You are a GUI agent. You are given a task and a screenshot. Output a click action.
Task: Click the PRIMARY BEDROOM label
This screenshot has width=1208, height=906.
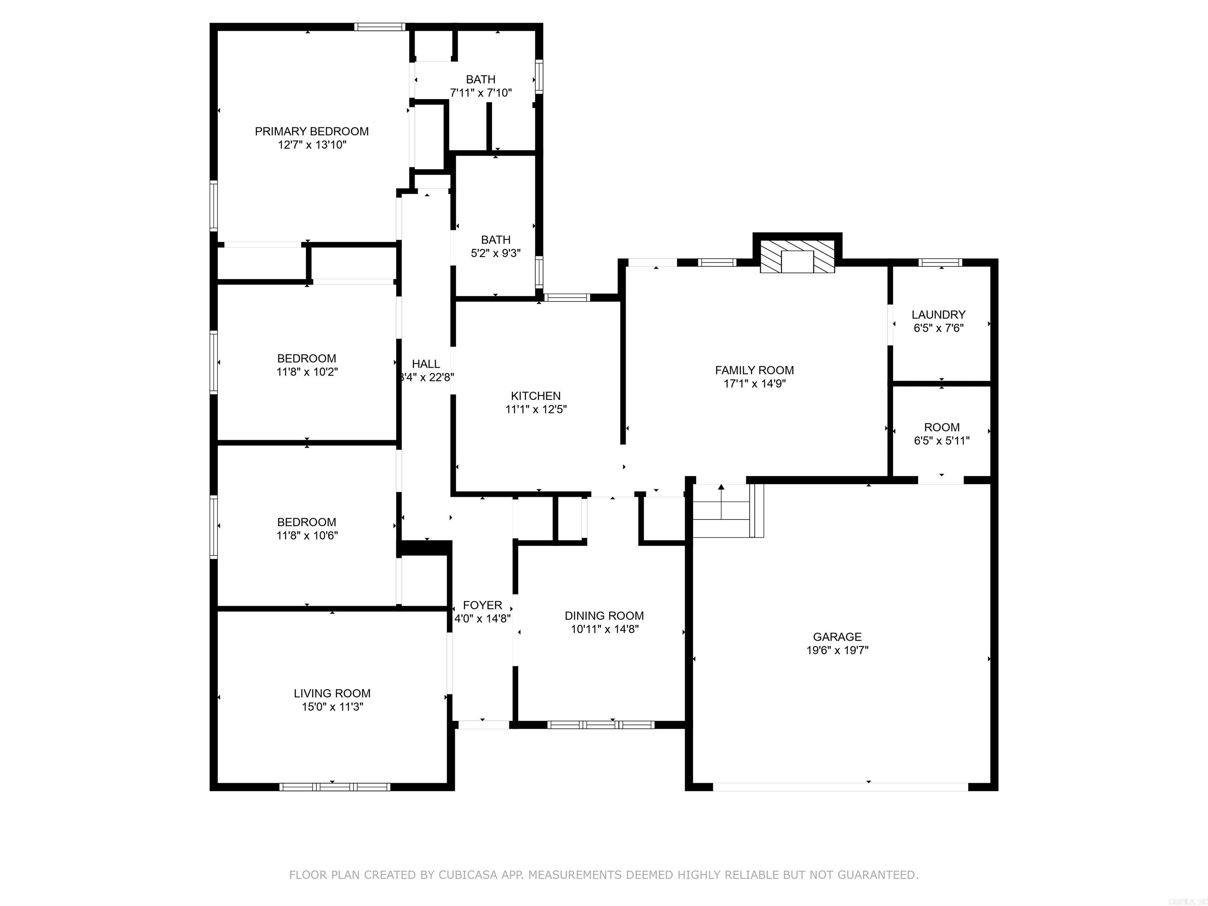[311, 131]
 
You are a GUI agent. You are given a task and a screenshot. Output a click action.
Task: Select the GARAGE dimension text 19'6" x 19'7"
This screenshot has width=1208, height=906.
[837, 650]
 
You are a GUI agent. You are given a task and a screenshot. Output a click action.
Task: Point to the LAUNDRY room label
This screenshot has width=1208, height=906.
[938, 315]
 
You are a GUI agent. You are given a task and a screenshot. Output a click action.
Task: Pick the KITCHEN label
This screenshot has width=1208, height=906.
[535, 396]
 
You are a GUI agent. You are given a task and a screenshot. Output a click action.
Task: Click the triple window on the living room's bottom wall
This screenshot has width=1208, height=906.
[334, 786]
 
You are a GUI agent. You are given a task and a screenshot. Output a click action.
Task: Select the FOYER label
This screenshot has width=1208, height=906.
[482, 605]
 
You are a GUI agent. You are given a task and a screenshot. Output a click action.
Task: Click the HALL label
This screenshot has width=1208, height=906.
[425, 364]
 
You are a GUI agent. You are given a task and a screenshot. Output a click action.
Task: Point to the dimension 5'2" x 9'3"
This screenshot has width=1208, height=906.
[495, 253]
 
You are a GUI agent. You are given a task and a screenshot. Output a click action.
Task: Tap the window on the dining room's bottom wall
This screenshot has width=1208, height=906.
[601, 725]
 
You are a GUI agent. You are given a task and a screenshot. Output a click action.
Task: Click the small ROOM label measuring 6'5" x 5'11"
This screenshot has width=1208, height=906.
[941, 427]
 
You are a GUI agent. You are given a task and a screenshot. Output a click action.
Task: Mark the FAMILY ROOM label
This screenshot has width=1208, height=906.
[754, 370]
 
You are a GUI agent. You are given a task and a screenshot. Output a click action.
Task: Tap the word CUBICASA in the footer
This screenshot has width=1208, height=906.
[468, 875]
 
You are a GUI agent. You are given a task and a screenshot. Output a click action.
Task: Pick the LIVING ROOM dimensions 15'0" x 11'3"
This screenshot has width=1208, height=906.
[332, 707]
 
